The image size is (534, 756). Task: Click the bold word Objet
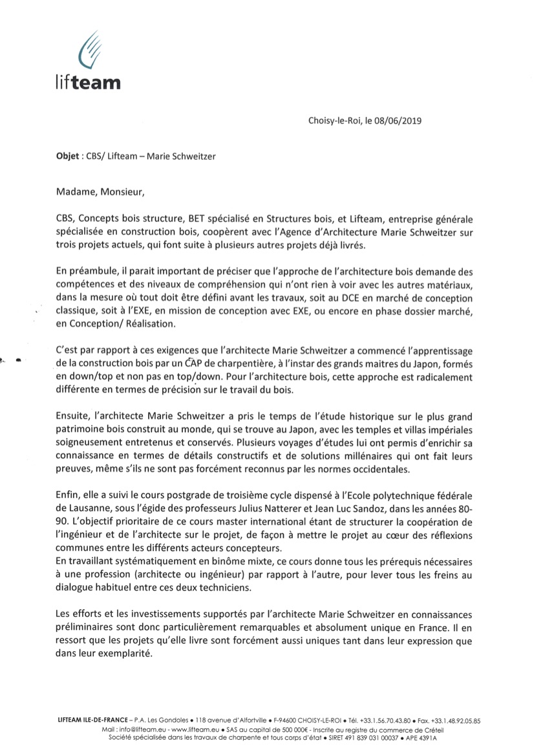tap(69, 156)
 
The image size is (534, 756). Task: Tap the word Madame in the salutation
tap(76, 191)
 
